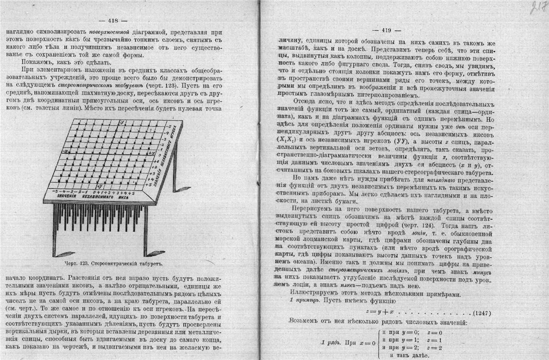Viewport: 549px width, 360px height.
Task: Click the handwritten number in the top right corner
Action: coord(537,8)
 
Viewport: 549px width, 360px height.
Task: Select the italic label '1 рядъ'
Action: coord(332,342)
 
